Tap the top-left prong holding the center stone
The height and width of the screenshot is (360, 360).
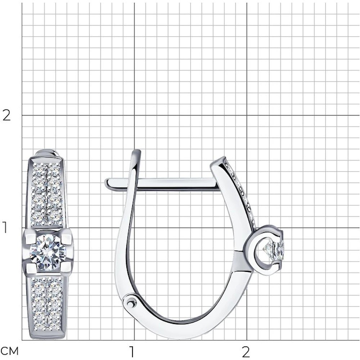coord(31,237)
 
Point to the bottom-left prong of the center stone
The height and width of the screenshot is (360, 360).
coord(31,268)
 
